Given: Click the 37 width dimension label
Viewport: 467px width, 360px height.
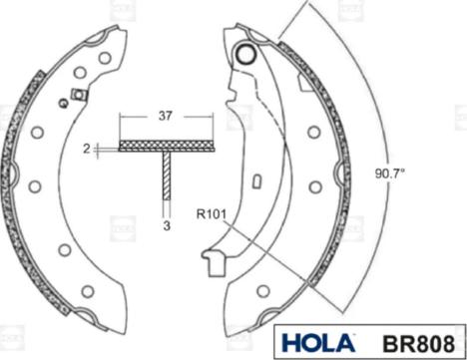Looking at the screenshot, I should [166, 115].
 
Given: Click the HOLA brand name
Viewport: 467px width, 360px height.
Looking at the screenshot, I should [317, 341].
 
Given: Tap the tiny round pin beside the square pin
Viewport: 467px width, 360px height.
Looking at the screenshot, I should [63, 103].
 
